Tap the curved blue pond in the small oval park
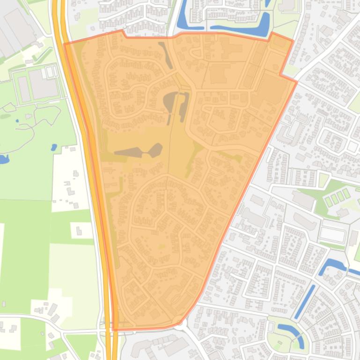[x=291, y=332]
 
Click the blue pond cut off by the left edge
[x=3, y=159]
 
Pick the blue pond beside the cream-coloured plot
[x=54, y=147]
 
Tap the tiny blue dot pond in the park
[x=17, y=121]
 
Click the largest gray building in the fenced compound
[x=43, y=84]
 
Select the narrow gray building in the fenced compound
[x=23, y=88]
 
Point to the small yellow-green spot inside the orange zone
[x=162, y=246]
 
